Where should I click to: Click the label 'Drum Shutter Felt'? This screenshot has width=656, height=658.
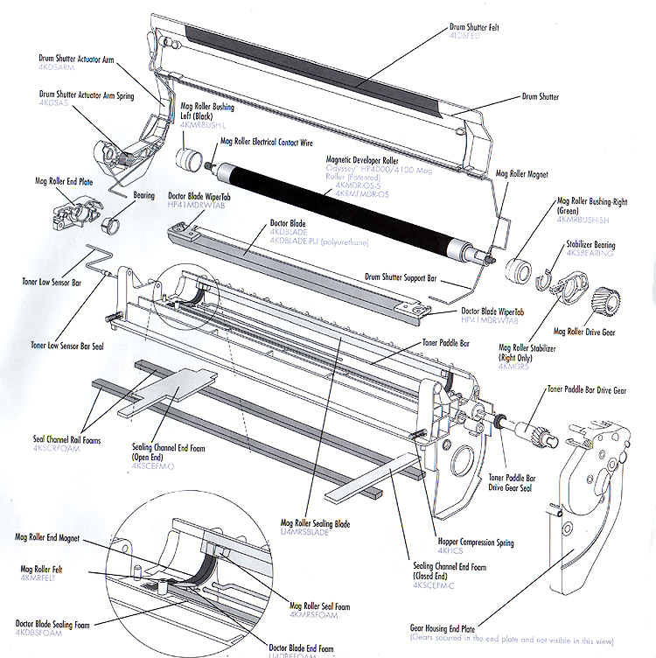pos(481,27)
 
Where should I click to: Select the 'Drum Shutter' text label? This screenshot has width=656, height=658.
pos(541,96)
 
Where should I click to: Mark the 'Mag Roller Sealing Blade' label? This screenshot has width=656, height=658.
pos(315,523)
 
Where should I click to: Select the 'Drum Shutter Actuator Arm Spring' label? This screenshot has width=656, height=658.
pos(87,94)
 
